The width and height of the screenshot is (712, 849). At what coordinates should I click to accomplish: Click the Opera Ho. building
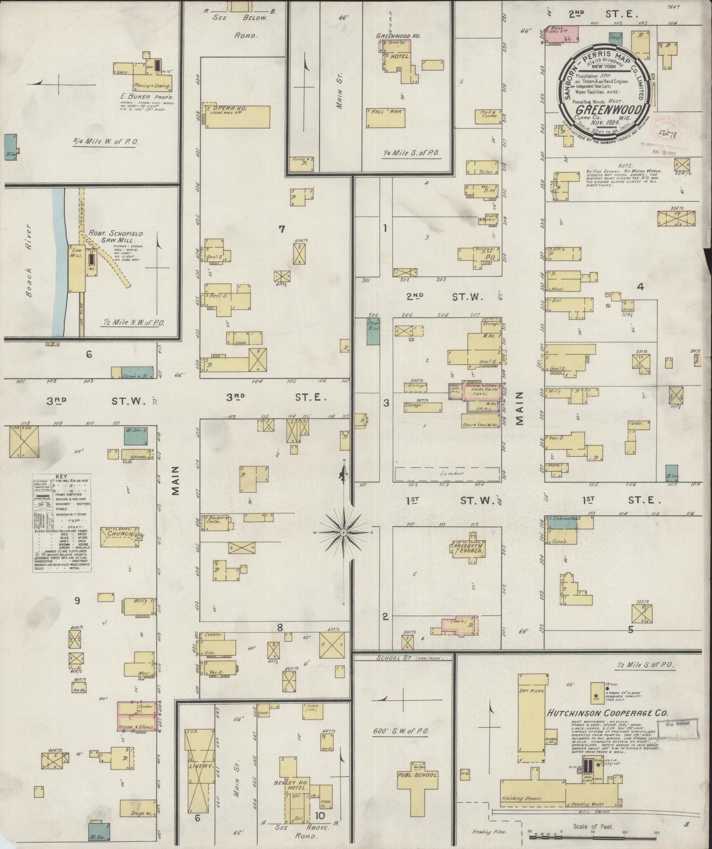[x=238, y=116]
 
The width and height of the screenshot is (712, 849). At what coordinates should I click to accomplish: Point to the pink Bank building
[x=561, y=34]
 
